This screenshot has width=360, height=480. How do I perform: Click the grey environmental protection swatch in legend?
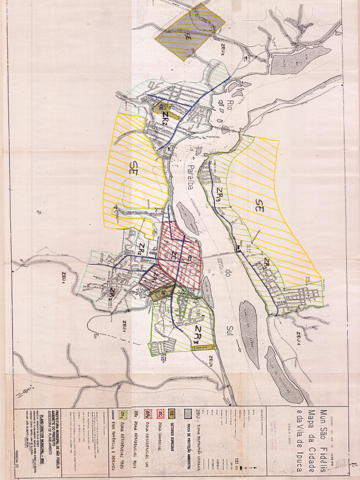pos(187,414)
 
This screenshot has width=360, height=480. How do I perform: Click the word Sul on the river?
pos(230,323)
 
